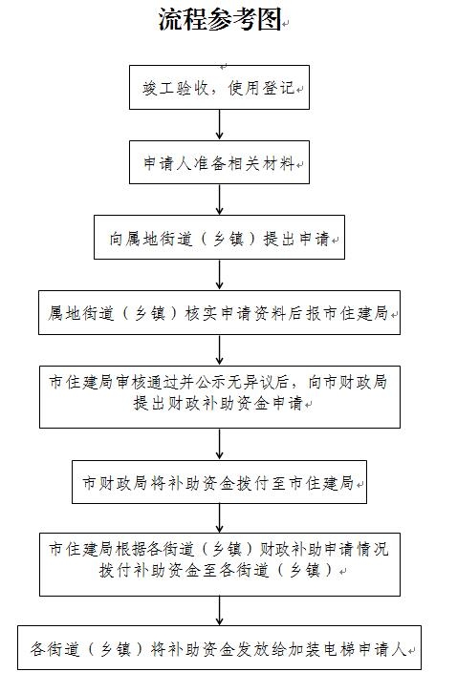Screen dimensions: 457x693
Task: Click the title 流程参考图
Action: pyautogui.click(x=220, y=20)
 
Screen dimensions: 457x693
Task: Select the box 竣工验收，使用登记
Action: pyautogui.click(x=219, y=88)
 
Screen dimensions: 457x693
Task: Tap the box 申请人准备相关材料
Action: pyautogui.click(x=219, y=162)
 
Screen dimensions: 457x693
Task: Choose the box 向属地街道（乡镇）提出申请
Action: pyautogui.click(x=219, y=238)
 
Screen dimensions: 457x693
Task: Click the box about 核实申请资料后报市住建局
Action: pyautogui.click(x=219, y=312)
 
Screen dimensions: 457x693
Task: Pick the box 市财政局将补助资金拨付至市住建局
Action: pyautogui.click(x=219, y=482)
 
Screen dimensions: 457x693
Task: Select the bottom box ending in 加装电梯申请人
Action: pyautogui.click(x=219, y=647)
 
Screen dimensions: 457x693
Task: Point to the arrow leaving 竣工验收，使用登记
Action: pyautogui.click(x=219, y=125)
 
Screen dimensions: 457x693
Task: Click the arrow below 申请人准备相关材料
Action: pyautogui.click(x=219, y=199)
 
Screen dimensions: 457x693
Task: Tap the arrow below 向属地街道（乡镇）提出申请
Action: pyautogui.click(x=219, y=275)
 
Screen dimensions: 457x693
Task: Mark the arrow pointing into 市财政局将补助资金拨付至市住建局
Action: pyautogui.click(x=219, y=444)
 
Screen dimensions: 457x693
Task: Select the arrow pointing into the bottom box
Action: pyautogui.click(x=219, y=611)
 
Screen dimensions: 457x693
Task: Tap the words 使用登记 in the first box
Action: pyautogui.click(x=261, y=88)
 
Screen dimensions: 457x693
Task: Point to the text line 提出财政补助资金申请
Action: pyautogui.click(x=218, y=403)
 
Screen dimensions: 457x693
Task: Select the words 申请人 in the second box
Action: pyautogui.click(x=167, y=163)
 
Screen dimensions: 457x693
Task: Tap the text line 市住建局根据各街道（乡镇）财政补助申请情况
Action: pyautogui.click(x=219, y=549)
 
